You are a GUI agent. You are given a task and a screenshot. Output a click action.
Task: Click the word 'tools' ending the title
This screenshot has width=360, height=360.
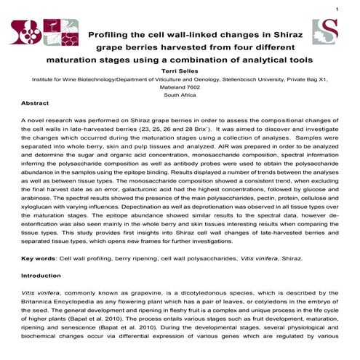pyautogui.click(x=297, y=58)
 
